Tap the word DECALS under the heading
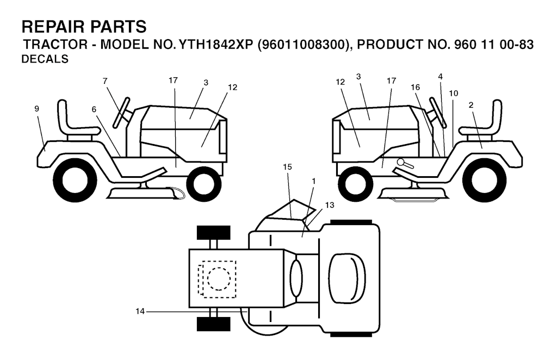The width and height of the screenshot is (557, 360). click(x=45, y=59)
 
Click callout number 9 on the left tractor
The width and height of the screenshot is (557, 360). click(x=36, y=109)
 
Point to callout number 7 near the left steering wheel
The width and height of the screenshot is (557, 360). click(x=105, y=82)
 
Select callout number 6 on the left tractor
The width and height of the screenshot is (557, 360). click(x=94, y=109)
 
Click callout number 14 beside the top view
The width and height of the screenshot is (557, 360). click(x=140, y=312)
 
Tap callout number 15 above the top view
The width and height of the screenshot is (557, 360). click(x=287, y=166)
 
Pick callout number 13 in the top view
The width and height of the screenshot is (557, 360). click(x=330, y=205)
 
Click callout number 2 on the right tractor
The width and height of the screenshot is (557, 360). click(x=471, y=105)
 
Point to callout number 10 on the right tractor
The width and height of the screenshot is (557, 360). click(x=453, y=93)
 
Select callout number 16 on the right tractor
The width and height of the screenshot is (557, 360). click(x=415, y=88)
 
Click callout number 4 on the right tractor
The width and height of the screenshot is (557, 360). click(x=440, y=76)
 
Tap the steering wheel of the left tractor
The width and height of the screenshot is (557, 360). click(x=121, y=112)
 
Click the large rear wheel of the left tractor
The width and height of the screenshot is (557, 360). click(x=75, y=181)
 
